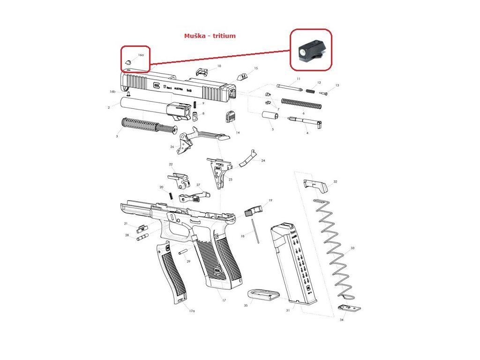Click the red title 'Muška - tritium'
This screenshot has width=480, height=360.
coord(210,36)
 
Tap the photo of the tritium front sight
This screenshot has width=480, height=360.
coord(310,50)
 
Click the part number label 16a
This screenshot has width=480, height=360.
coord(141,55)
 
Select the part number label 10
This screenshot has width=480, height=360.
coord(219,66)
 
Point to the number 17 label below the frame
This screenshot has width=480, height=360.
coord(224,300)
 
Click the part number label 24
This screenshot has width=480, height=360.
coord(263,161)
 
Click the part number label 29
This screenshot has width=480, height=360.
coord(188,261)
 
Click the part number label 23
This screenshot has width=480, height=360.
coord(230,180)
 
